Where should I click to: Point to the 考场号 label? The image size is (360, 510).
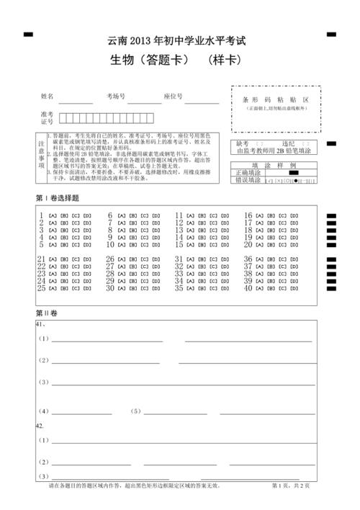click(x=117, y=97)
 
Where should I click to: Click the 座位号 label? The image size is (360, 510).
click(x=173, y=97)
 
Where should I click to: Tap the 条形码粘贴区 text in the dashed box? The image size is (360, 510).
click(x=276, y=99)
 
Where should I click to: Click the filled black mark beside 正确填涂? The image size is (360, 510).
click(x=294, y=174)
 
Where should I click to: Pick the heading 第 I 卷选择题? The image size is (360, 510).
click(x=58, y=198)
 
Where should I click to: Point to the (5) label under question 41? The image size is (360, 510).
click(x=136, y=412)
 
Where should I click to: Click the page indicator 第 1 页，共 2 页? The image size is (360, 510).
click(x=292, y=487)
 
